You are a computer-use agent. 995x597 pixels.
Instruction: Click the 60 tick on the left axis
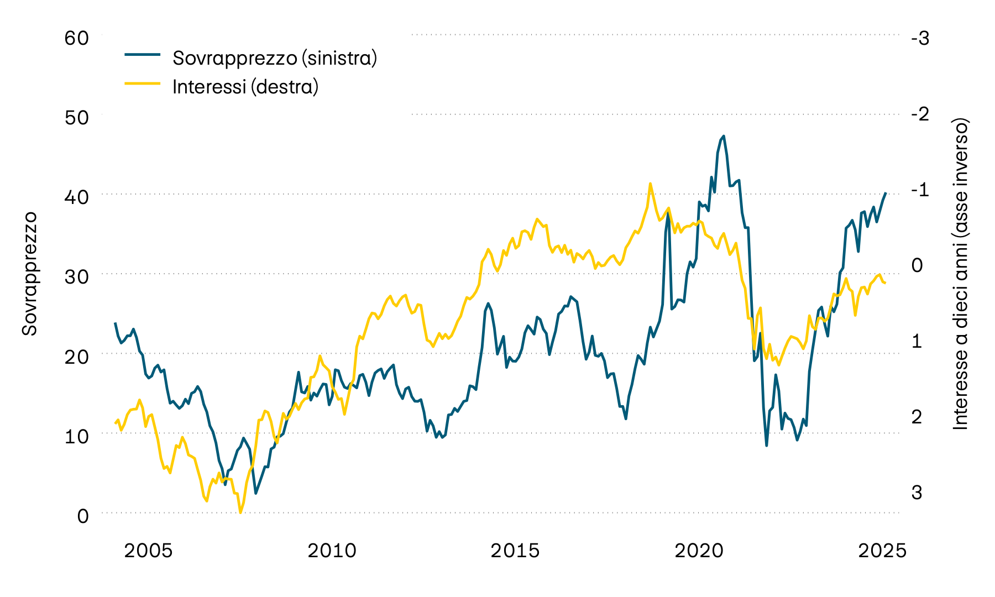76,38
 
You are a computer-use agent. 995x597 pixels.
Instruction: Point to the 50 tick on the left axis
76,118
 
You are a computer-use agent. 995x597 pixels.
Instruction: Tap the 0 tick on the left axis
83,516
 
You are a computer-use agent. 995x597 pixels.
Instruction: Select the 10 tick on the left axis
76,436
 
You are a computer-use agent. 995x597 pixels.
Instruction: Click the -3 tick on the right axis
920,38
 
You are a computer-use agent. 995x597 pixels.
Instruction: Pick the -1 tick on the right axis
920,190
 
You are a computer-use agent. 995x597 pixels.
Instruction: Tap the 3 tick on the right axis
917,492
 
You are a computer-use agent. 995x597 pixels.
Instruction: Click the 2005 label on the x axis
148,551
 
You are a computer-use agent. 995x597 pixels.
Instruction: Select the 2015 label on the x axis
515,551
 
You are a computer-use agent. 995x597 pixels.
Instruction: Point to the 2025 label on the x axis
882,551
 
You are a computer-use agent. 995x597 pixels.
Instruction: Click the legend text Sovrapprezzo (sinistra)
275,57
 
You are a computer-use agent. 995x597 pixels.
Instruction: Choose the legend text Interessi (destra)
245,87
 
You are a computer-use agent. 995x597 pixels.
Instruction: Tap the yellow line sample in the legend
142,83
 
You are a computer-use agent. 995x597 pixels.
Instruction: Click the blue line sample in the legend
142,54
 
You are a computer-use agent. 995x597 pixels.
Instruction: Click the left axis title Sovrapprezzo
29,273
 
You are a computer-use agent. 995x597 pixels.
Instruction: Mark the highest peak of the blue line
724,135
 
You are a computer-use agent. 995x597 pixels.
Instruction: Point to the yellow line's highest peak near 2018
650,184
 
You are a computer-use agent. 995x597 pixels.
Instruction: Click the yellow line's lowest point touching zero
240,512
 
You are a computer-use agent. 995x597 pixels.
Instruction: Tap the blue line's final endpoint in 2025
886,193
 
